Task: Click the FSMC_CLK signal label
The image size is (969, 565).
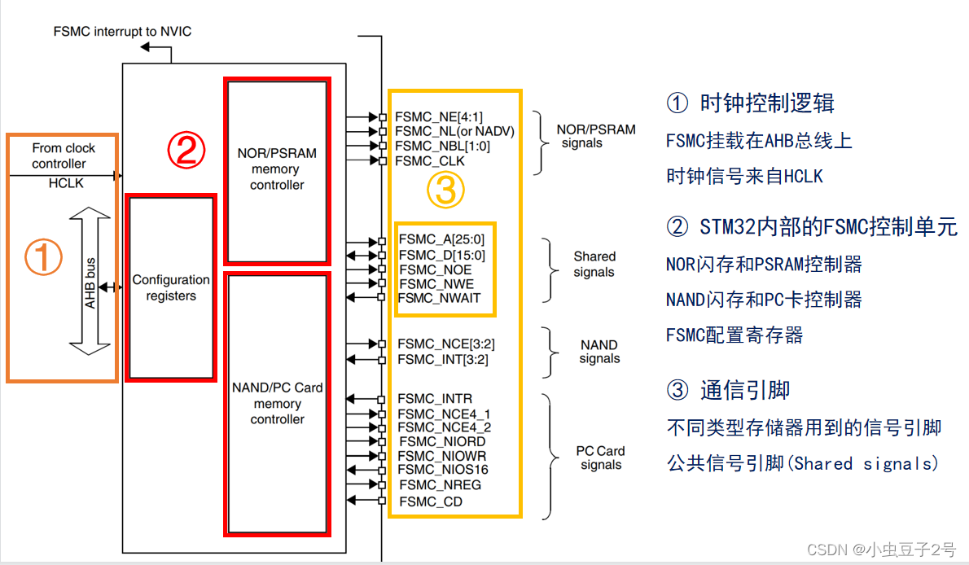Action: coord(430,161)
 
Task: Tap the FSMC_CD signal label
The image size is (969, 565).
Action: coord(431,501)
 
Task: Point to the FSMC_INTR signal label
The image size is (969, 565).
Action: coord(435,399)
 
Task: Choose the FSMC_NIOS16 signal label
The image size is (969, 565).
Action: coord(443,470)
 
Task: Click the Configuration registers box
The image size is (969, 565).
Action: coord(172,287)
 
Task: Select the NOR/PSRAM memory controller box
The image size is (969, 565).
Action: coord(277,169)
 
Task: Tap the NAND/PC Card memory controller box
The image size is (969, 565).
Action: coord(277,404)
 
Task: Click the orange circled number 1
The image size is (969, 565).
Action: coord(43,257)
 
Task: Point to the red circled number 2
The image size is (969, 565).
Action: coord(186,150)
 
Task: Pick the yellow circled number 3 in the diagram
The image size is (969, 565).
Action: coord(445,191)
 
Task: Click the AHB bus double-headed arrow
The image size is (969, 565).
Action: coord(91,281)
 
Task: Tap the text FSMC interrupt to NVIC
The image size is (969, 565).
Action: coord(122,32)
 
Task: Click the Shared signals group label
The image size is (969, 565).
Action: coord(594,264)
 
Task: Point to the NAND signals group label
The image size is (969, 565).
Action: coord(599,352)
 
